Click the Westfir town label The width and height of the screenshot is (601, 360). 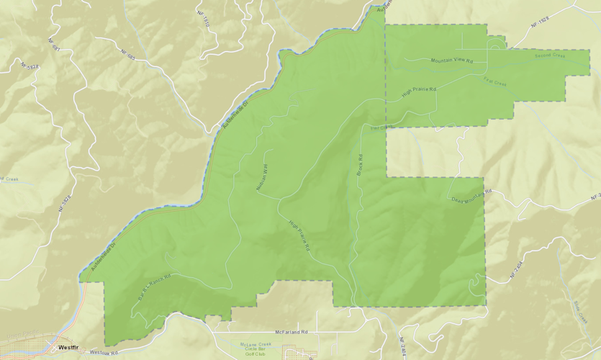(69, 348)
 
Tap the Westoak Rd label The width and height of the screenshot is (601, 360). (103, 353)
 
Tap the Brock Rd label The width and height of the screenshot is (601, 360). (359, 165)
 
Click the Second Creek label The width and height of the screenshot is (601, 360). (551, 55)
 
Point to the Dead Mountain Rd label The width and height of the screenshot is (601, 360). (471, 195)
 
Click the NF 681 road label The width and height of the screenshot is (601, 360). (53, 43)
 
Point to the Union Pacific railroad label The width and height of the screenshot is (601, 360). (14, 337)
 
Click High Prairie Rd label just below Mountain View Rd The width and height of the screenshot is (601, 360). (420, 91)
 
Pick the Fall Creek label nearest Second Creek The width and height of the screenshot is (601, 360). (495, 82)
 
